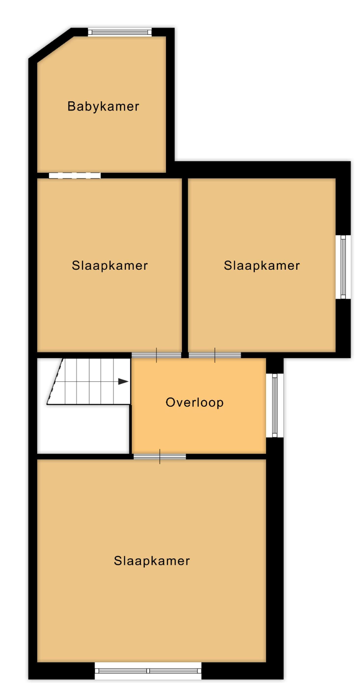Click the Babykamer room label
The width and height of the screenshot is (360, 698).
(103, 106)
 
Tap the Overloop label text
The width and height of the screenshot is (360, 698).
(194, 402)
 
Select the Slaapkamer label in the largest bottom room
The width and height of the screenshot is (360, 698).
(152, 561)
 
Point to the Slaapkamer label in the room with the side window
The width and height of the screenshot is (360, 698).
(262, 265)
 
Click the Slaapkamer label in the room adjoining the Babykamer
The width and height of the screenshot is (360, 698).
(110, 265)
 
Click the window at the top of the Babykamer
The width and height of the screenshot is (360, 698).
(120, 32)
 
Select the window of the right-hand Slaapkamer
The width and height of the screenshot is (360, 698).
(343, 267)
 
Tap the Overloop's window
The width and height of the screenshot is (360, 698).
(275, 405)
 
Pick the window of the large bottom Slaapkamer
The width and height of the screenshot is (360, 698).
(148, 670)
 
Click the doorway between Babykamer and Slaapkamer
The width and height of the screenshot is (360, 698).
(75, 175)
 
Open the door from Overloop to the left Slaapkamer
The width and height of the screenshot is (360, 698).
(156, 355)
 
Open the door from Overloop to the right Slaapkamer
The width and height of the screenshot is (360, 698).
(215, 355)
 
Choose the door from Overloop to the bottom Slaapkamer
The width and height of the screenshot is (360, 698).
(160, 457)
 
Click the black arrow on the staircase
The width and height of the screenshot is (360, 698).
(123, 381)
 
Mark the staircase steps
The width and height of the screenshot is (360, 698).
(89, 381)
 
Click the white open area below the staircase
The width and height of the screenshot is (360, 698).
(83, 430)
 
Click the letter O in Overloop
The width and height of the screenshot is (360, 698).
(170, 402)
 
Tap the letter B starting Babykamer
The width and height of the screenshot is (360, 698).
(72, 106)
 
